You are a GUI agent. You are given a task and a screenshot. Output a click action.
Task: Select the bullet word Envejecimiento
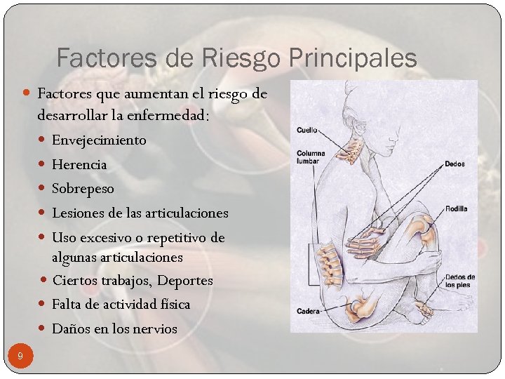99,140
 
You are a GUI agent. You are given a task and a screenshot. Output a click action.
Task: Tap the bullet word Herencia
79,165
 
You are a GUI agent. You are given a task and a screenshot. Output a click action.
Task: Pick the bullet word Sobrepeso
83,189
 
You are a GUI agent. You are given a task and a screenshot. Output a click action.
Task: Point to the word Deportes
185,281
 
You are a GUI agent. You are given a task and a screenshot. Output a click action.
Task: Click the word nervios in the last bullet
155,328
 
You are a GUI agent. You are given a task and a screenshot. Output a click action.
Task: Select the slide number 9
20,357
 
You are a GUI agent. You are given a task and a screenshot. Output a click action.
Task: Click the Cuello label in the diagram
307,130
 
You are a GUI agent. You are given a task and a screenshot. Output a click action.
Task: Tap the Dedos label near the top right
454,164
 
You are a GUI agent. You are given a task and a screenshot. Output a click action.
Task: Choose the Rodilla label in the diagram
456,208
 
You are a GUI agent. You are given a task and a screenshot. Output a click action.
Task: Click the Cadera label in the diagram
309,311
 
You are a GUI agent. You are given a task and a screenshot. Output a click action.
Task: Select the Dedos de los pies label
459,281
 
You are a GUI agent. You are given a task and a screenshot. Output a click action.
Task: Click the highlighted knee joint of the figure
422,229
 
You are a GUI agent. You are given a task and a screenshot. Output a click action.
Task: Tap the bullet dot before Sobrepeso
44,189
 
